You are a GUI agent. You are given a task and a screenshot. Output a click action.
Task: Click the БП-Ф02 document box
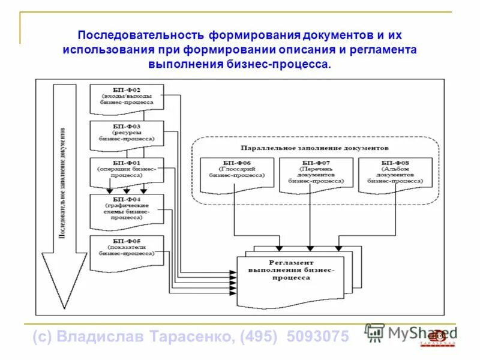126,98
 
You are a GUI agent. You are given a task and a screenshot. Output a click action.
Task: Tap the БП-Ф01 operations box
126,169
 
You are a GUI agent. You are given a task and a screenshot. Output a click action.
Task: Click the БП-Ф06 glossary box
236,173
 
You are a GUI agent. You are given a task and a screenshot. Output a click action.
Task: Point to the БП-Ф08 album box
394,173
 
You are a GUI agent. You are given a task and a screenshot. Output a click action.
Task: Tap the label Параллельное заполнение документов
314,147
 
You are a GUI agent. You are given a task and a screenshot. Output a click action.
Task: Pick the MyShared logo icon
374,332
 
